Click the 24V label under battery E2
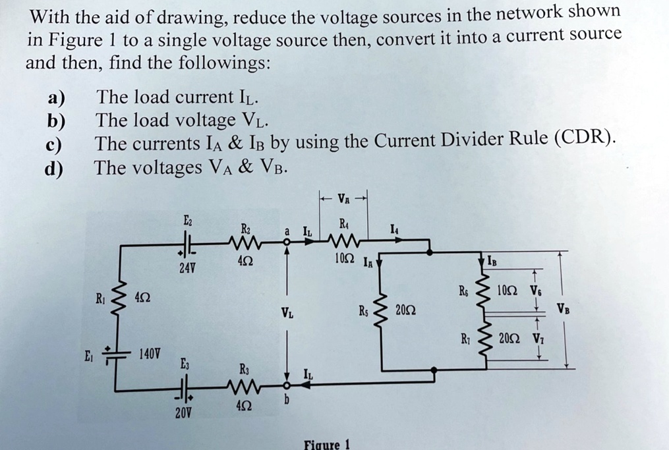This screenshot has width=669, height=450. [188, 269]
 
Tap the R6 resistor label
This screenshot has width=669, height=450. [465, 290]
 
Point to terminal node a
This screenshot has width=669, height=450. [287, 242]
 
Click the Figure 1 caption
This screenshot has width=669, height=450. [327, 443]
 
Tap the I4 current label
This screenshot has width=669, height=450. [393, 229]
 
